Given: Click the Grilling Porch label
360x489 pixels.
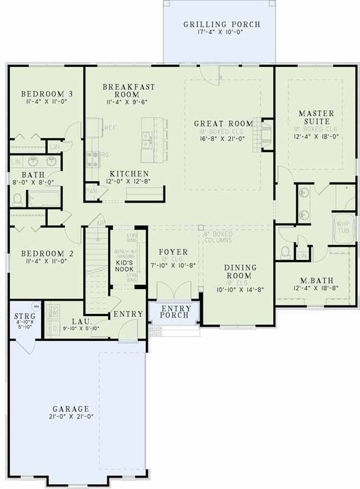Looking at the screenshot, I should pos(222,25).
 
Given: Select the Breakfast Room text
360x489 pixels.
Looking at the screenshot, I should pos(129,91).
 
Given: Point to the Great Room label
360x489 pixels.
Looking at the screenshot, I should pos(223,124).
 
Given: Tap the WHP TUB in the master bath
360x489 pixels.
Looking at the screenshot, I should pos(344,227).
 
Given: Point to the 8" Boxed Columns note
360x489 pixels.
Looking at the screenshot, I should pos(218,238).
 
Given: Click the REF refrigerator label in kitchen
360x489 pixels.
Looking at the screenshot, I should pos(110,127).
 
